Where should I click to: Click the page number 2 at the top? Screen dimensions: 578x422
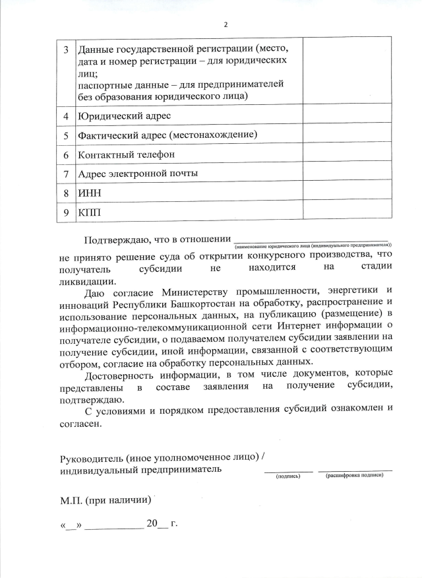click(226, 24)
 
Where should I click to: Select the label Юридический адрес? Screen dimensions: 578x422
click(124, 116)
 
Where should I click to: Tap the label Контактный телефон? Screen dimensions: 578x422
click(126, 154)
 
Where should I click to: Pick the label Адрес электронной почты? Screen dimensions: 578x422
click(138, 174)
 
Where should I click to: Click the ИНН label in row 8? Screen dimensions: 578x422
click(90, 193)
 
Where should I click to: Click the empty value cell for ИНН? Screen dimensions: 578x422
click(347, 193)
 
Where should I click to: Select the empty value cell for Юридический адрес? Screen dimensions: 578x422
click(347, 116)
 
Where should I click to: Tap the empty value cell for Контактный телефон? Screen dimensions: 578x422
click(347, 154)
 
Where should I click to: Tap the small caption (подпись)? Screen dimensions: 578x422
click(288, 475)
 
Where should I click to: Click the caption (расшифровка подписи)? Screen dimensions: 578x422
click(355, 475)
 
